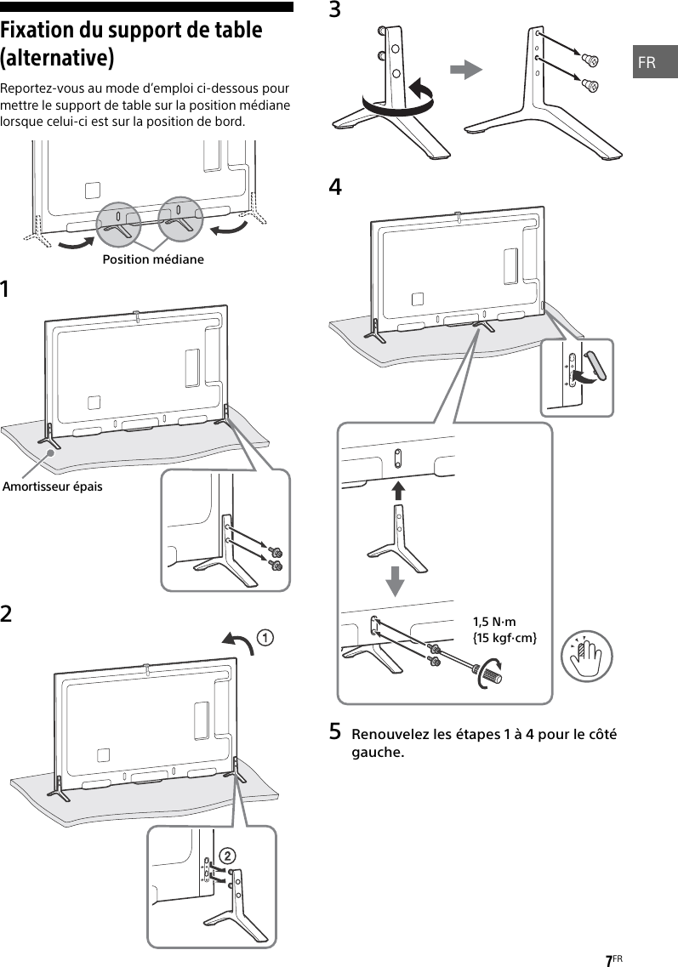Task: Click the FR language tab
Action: coord(648,62)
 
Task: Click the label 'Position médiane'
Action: coord(153,259)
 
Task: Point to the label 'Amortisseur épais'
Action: coord(52,486)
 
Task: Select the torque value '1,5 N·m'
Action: coord(494,622)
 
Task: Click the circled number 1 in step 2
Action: coord(266,636)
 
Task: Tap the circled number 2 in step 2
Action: coord(226,854)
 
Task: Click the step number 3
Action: coord(335,10)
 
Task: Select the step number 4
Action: coord(335,187)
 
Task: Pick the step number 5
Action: coord(335,731)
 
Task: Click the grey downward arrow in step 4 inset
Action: coord(396,580)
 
